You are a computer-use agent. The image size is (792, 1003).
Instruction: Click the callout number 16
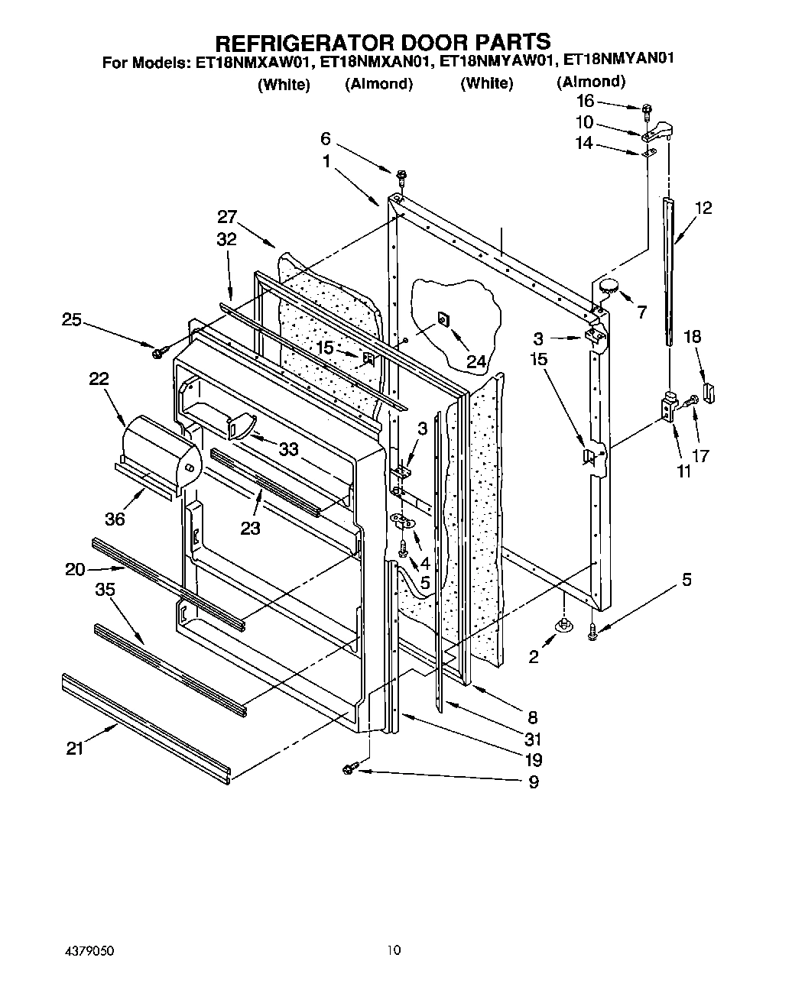tap(585, 101)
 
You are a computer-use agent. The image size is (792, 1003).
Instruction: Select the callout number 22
tap(99, 379)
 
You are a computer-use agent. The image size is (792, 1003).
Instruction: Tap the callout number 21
tap(74, 749)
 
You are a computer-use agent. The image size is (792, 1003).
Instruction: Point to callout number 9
tap(533, 781)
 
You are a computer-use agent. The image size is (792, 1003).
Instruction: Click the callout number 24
tap(476, 361)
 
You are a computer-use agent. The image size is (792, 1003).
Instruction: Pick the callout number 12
tap(703, 208)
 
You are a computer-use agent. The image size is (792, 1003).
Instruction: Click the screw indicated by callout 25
tap(159, 352)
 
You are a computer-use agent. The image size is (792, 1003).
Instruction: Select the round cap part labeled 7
tap(609, 287)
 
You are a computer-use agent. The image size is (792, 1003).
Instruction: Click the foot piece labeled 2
tap(564, 626)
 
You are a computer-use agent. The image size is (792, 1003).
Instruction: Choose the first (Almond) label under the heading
tap(378, 84)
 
